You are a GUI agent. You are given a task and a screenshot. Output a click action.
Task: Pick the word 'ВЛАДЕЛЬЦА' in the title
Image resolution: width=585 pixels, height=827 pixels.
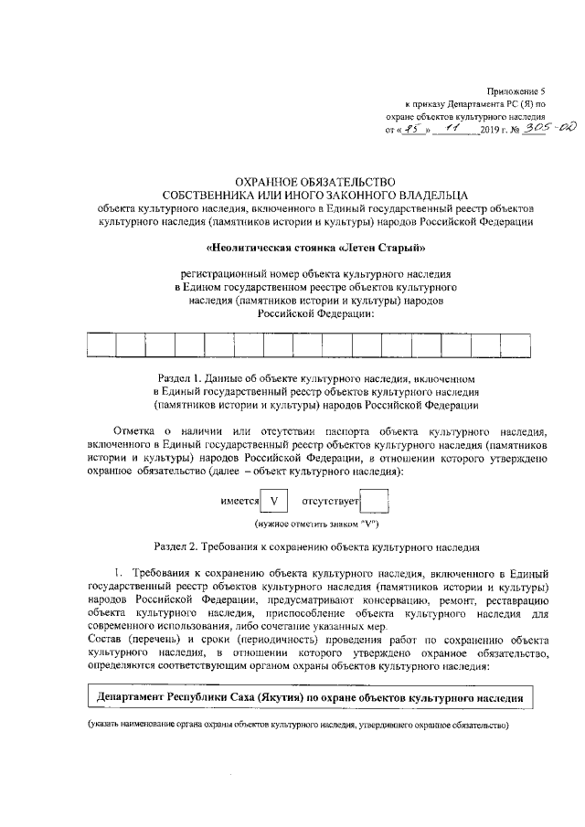click(x=420, y=195)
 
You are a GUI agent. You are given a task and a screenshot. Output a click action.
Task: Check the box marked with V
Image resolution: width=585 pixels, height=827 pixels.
click(x=273, y=501)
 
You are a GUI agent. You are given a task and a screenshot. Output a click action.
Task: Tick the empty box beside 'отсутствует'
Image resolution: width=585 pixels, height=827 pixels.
click(x=375, y=501)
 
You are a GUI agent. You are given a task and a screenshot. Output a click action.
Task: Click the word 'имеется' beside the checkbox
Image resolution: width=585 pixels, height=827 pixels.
click(x=239, y=502)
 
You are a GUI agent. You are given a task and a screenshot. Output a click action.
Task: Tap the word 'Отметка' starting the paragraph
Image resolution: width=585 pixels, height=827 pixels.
click(x=135, y=430)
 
